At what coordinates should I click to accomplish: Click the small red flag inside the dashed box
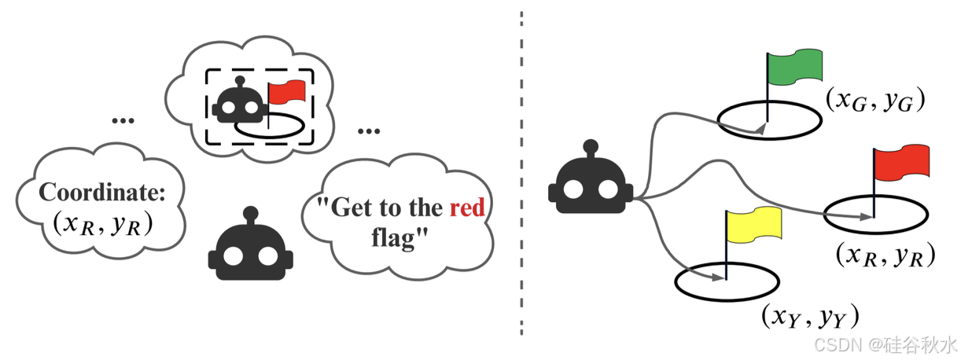pyautogui.click(x=286, y=92)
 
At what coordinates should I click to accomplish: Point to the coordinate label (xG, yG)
pyautogui.click(x=874, y=99)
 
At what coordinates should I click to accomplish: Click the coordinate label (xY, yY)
pyautogui.click(x=809, y=316)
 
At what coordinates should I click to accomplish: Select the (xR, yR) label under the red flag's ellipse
pyautogui.click(x=886, y=255)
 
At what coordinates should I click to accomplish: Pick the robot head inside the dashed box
pyautogui.click(x=238, y=101)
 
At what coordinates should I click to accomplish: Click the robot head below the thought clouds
pyautogui.click(x=250, y=248)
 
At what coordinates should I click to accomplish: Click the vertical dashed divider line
pyautogui.click(x=521, y=180)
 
